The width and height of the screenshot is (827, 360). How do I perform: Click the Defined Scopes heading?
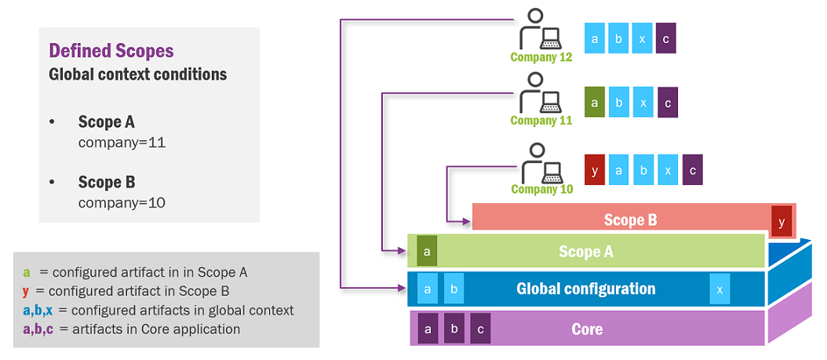111,51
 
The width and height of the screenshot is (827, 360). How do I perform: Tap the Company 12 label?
541,57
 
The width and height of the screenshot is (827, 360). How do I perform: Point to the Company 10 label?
542,189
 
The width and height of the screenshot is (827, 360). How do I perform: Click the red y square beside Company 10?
596,169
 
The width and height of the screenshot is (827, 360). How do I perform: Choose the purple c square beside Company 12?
666,38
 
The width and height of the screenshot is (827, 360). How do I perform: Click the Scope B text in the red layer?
630,220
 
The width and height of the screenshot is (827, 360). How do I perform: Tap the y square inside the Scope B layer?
781,222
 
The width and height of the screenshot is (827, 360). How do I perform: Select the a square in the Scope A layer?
427,251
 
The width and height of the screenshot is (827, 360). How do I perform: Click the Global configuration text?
585,289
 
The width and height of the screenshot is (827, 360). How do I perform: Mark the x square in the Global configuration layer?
720,289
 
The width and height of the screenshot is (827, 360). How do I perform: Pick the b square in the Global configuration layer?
454,289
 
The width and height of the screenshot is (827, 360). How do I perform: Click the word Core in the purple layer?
587,329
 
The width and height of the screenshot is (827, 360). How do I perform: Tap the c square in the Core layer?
481,329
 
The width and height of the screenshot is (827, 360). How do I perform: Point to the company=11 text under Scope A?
122,144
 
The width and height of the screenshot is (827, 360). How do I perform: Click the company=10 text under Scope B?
122,202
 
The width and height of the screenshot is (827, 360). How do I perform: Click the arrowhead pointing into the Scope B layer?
468,220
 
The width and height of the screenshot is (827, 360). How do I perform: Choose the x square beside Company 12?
642,38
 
